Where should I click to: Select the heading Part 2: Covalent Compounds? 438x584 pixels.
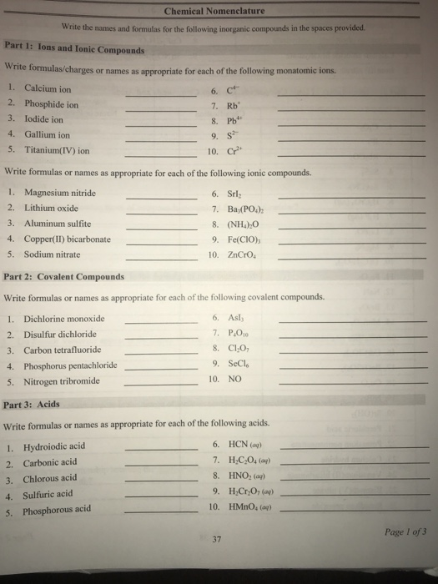tap(64, 276)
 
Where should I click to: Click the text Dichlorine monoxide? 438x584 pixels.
tap(66, 319)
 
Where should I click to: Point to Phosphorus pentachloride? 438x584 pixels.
tap(73, 365)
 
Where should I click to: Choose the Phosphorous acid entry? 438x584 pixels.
tap(58, 509)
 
